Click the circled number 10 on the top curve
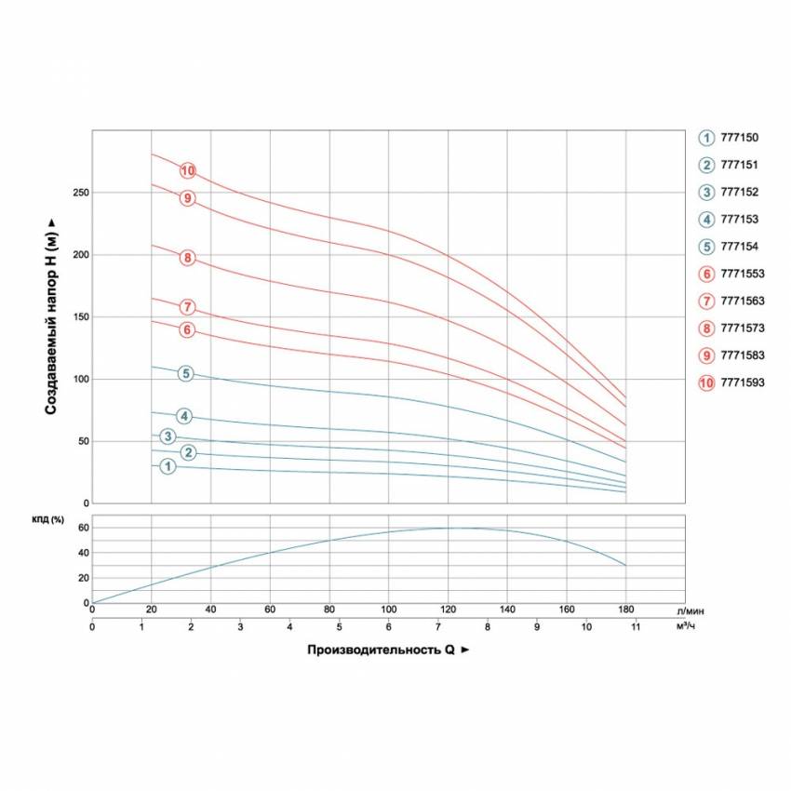pyautogui.click(x=188, y=170)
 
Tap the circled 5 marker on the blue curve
pyautogui.click(x=186, y=373)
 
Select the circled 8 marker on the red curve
pyautogui.click(x=188, y=258)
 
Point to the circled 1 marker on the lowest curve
pyautogui.click(x=168, y=466)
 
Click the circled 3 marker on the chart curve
pyautogui.click(x=168, y=436)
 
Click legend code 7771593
pyautogui.click(x=743, y=382)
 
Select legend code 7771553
pyautogui.click(x=743, y=274)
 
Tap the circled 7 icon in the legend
pyautogui.click(x=706, y=301)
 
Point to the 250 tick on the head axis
pyautogui.click(x=81, y=193)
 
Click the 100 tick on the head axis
pyautogui.click(x=81, y=379)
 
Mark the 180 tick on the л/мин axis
pyautogui.click(x=625, y=610)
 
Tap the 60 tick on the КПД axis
pyautogui.click(x=83, y=528)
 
